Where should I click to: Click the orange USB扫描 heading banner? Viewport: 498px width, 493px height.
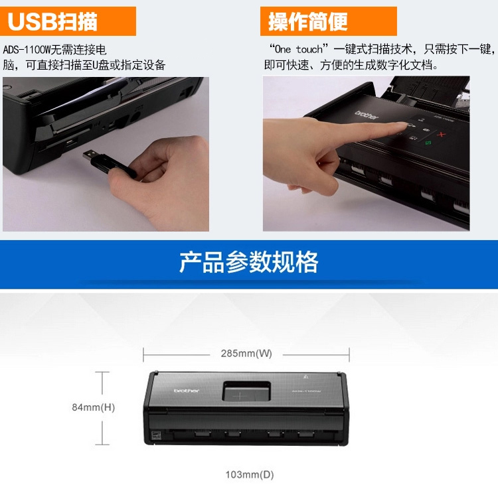click(68, 21)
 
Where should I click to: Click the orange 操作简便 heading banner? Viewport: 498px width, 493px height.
click(329, 21)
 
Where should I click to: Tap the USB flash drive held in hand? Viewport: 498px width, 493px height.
click(109, 163)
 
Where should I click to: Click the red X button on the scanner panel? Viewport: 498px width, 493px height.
click(441, 135)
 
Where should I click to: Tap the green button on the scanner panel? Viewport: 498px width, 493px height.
click(428, 143)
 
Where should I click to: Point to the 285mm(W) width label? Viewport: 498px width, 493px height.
click(246, 353)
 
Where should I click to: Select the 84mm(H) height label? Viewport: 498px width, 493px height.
click(94, 407)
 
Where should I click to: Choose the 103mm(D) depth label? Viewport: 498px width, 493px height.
click(250, 474)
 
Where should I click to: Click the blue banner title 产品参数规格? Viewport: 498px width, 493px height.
click(249, 262)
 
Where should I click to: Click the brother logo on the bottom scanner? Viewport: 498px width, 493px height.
click(187, 390)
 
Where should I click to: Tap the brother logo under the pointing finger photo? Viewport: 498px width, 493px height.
click(367, 115)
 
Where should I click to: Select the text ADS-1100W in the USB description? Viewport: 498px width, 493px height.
click(27, 50)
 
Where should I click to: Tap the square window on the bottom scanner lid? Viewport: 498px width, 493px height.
click(246, 391)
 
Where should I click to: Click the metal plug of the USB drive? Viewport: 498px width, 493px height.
click(90, 155)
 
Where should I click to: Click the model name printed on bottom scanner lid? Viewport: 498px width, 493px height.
click(306, 391)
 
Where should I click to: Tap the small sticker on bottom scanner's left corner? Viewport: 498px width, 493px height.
click(155, 435)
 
